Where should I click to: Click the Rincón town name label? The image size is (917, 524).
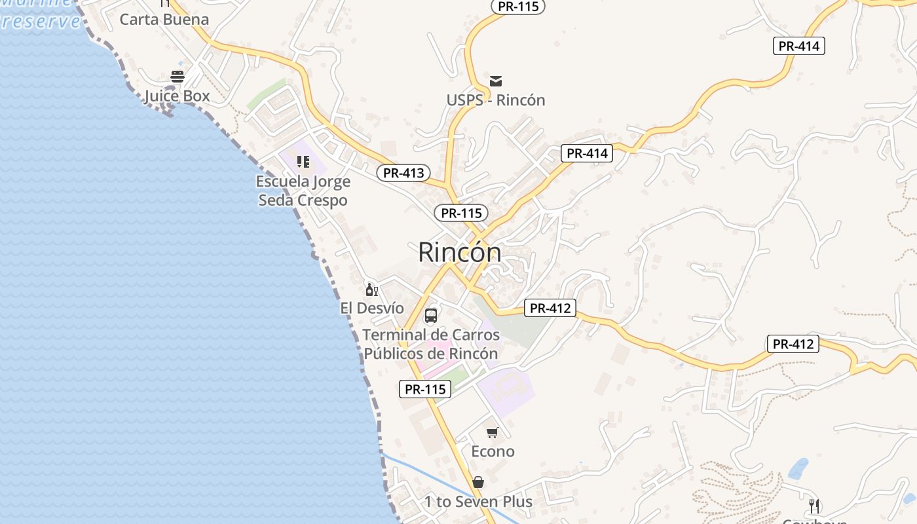click(460, 252)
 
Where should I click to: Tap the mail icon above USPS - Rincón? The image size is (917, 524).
click(496, 81)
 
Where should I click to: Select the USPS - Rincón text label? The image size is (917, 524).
click(496, 100)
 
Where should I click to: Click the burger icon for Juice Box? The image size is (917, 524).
click(178, 77)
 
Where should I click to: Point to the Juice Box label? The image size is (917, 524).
click(177, 96)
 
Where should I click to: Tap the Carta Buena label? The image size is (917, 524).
click(164, 20)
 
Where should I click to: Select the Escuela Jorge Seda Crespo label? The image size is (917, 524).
click(303, 191)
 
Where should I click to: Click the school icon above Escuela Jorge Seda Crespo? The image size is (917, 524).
click(303, 161)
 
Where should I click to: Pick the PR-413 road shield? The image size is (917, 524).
click(404, 173)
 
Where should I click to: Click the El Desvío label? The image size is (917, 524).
click(372, 308)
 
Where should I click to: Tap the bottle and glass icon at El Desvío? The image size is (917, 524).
click(371, 289)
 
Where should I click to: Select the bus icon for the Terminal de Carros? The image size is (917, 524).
click(431, 316)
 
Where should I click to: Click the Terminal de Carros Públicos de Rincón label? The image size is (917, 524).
click(431, 344)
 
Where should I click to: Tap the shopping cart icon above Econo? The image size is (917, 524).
click(493, 432)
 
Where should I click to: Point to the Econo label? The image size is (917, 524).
click(493, 451)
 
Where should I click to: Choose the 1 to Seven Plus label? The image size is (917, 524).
click(478, 502)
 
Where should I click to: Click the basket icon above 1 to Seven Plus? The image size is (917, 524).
click(478, 482)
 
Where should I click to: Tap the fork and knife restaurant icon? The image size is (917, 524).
click(814, 506)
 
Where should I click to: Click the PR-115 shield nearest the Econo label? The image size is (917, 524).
click(425, 389)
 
